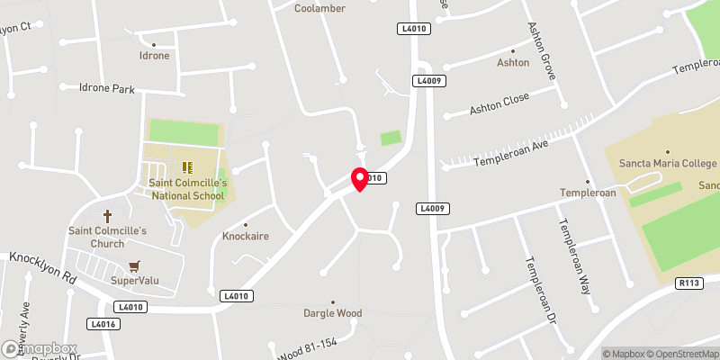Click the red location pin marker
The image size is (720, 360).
[x=360, y=178]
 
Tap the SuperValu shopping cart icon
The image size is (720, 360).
[x=134, y=266]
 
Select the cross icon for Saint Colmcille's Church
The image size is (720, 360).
[x=107, y=216]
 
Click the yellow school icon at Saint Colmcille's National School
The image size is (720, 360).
[x=188, y=166]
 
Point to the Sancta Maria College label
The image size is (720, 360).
[x=667, y=165]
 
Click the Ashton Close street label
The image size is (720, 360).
[x=499, y=103]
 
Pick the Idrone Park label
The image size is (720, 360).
[x=106, y=88]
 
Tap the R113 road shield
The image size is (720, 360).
[x=689, y=283]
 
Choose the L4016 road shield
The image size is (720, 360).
[x=103, y=323]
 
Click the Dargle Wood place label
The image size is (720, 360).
[x=332, y=313]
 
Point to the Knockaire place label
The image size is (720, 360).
[x=245, y=237]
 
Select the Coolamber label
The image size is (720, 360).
[x=320, y=8]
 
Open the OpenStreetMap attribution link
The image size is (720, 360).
[x=683, y=354]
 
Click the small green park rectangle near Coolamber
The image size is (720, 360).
[x=391, y=138]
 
